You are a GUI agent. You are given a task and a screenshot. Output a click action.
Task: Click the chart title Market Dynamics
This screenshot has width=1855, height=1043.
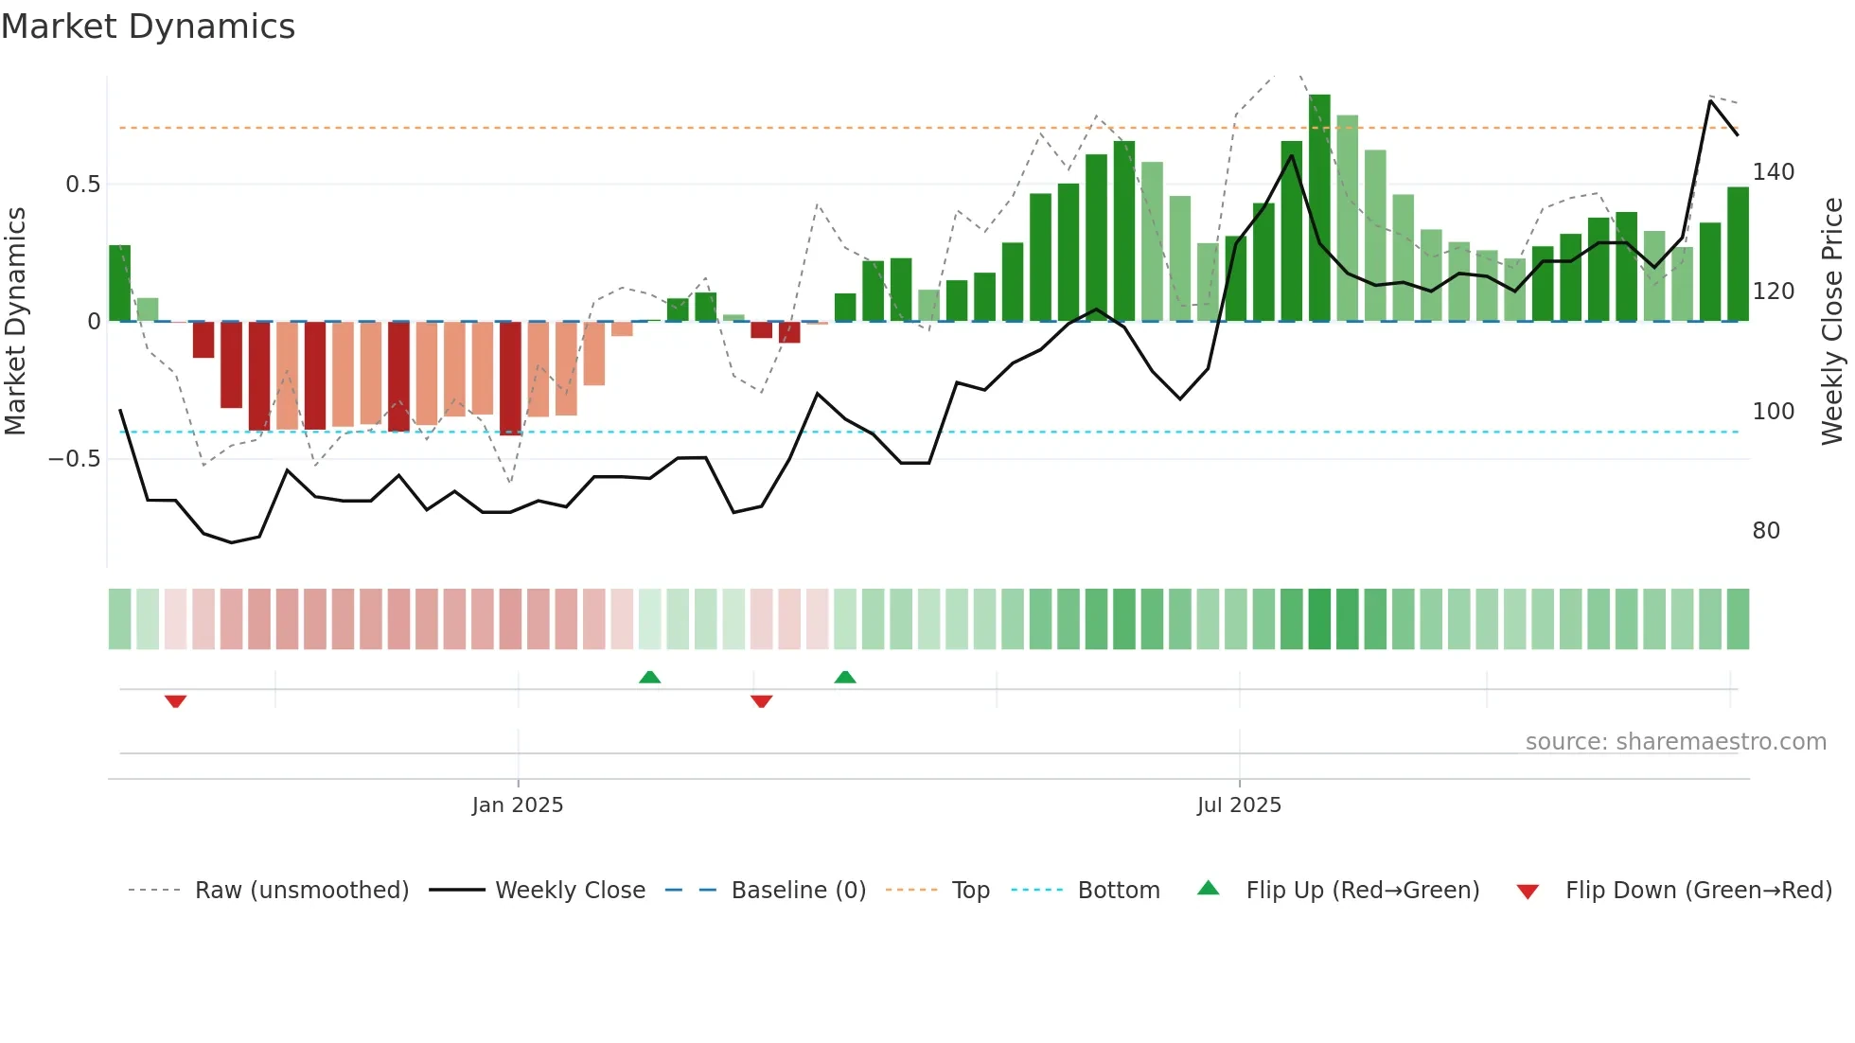point(149,27)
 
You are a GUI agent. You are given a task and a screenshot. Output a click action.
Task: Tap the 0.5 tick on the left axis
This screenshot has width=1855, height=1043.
point(83,185)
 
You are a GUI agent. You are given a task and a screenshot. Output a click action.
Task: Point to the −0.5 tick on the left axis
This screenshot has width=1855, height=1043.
point(75,459)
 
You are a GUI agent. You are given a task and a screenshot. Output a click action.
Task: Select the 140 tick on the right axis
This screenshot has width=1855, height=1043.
point(1773,172)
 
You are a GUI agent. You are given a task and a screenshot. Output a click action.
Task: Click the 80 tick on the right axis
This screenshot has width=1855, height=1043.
point(1766,531)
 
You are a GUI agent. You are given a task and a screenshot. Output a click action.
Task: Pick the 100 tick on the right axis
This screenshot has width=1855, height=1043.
point(1773,412)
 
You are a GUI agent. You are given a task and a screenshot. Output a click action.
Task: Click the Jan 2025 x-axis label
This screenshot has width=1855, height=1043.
point(518,805)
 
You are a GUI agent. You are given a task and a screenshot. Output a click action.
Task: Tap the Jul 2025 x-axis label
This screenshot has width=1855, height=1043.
point(1239,805)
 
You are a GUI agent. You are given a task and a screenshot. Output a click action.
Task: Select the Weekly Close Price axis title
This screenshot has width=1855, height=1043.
point(1832,322)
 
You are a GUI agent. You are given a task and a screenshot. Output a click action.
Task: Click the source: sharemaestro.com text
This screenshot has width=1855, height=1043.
point(1675,742)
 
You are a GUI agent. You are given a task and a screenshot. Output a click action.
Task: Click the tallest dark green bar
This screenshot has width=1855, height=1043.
point(1319,208)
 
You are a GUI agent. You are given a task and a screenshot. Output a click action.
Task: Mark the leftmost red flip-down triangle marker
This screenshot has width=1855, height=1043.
point(175,701)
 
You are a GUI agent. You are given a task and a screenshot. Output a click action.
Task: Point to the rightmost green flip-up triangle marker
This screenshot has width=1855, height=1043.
point(845,677)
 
